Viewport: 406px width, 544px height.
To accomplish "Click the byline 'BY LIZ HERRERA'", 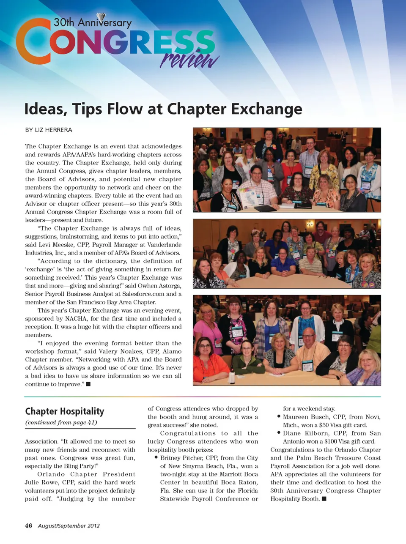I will [49, 130].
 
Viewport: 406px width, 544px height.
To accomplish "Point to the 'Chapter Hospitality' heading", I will [64, 411].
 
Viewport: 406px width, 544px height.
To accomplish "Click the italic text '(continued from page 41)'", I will [61, 422].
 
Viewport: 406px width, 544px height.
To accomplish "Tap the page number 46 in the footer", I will [28, 525].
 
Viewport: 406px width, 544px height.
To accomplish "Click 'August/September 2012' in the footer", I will [69, 526].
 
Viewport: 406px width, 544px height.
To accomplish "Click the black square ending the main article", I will [88, 384].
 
